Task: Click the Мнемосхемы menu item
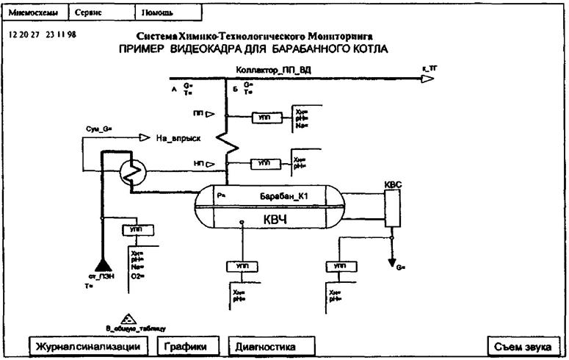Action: [x=35, y=12]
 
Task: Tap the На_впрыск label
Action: [x=177, y=138]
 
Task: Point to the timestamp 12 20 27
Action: [x=23, y=35]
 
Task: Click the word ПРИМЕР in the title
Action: [x=142, y=49]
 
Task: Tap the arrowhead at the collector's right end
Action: [x=427, y=79]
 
